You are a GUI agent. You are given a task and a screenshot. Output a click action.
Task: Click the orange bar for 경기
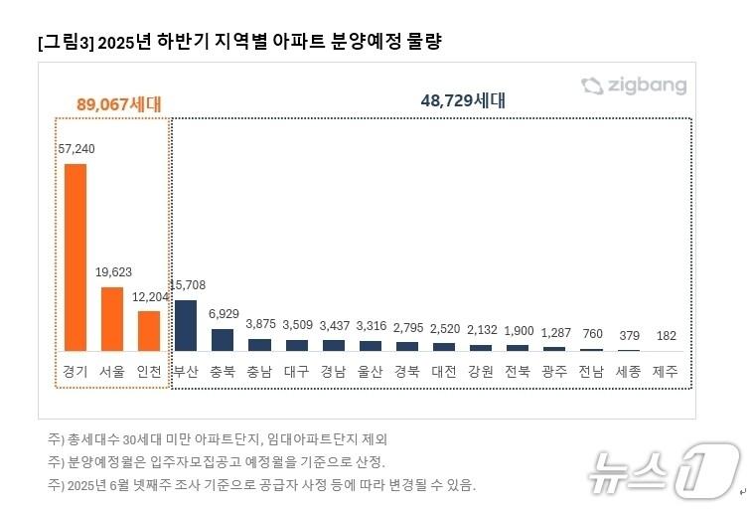tap(75, 257)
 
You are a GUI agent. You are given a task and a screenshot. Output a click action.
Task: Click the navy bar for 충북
tap(223, 340)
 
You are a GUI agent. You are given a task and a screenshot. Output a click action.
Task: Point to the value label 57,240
tap(76, 148)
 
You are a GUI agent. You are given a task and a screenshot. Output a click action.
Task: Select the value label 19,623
tap(113, 271)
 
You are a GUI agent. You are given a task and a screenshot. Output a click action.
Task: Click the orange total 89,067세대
tap(118, 103)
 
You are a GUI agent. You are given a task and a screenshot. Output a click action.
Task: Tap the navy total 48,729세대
tap(463, 100)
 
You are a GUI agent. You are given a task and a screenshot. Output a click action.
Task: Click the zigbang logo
tap(634, 85)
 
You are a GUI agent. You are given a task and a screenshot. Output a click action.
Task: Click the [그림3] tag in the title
tap(66, 42)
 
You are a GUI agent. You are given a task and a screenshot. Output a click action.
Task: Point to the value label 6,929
tap(224, 313)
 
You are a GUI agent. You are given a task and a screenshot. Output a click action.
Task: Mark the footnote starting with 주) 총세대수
tap(217, 438)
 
